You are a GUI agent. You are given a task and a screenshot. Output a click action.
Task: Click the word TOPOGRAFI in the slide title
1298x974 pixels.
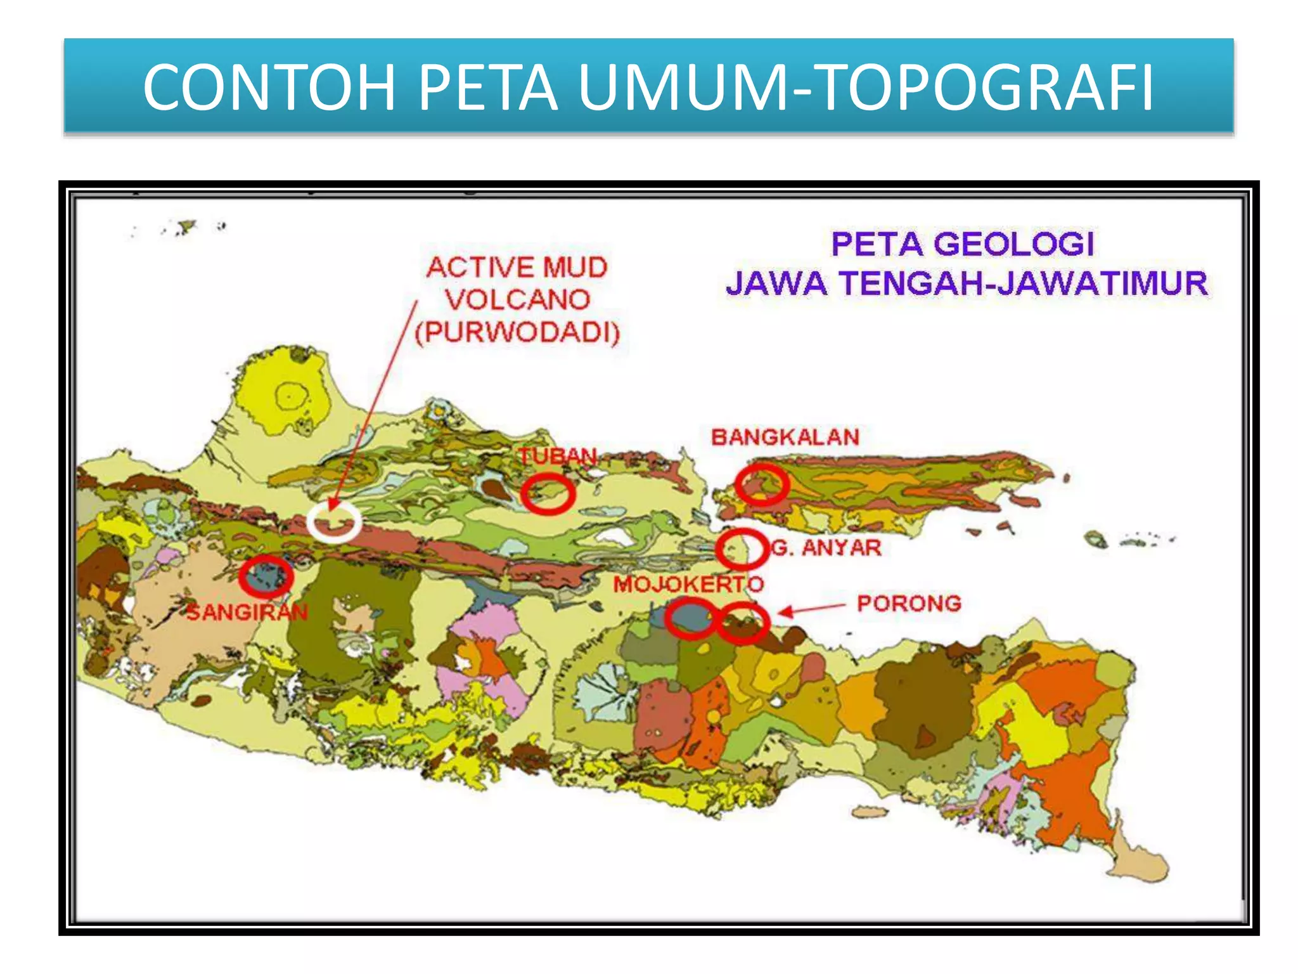[986, 88]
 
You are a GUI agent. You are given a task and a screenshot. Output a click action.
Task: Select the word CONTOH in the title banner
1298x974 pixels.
[269, 88]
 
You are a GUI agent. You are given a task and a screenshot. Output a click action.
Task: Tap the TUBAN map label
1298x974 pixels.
[558, 455]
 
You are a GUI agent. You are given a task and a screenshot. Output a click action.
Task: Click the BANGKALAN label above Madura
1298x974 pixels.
[785, 437]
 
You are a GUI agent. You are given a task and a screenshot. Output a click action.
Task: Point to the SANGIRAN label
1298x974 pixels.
[247, 612]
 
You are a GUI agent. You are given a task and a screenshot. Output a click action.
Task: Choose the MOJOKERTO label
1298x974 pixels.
[688, 584]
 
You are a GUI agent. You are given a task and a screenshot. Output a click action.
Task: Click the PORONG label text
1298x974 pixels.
[909, 603]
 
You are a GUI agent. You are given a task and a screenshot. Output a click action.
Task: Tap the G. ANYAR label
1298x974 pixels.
[826, 547]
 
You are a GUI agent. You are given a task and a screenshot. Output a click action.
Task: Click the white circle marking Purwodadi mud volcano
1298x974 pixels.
[334, 521]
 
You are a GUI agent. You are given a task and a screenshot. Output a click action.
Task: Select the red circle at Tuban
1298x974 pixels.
[548, 493]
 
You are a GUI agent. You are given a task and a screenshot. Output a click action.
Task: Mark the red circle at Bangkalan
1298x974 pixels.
[762, 484]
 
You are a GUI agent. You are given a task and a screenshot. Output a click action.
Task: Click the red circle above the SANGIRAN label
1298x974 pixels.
[266, 576]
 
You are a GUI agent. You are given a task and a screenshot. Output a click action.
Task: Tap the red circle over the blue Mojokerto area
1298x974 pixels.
[690, 617]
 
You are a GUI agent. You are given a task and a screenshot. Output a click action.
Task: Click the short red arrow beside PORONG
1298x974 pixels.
[811, 609]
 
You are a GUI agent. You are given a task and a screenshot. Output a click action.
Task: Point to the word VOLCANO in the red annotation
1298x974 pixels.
[517, 300]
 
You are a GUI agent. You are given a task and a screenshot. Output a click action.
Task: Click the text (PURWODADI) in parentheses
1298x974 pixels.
[517, 333]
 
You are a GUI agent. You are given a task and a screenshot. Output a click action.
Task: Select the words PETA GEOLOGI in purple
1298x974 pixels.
[962, 244]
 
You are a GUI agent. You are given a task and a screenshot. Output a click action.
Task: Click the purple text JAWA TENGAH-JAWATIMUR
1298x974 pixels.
[967, 283]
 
